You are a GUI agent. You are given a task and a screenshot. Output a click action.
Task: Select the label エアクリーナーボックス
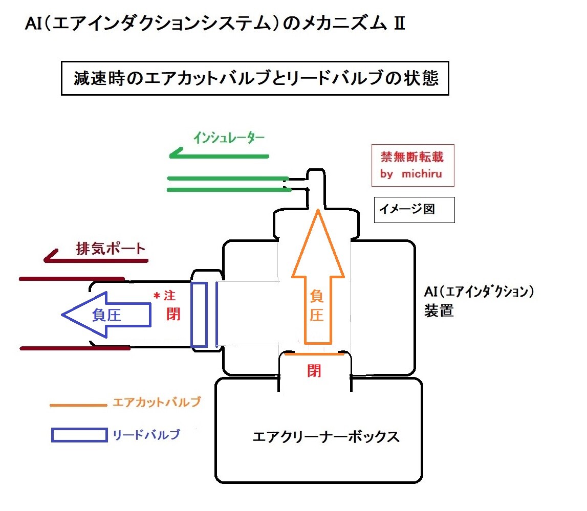[x=326, y=437]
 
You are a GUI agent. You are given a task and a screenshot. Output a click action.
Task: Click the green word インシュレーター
[x=229, y=138]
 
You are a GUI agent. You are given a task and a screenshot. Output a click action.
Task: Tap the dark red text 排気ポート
[x=111, y=249]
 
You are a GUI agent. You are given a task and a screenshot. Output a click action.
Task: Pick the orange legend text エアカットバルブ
[x=156, y=402]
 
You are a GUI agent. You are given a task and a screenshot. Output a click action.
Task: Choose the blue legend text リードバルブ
[x=146, y=435]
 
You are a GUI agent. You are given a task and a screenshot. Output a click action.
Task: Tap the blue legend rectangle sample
[x=79, y=435]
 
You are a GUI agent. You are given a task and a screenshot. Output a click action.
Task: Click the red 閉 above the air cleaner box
[x=314, y=370]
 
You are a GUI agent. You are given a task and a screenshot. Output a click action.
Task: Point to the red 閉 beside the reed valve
[x=173, y=313]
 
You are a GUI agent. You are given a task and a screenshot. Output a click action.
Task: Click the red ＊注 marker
[x=165, y=296]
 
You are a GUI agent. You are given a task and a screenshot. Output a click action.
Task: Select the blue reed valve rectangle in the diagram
[x=199, y=315]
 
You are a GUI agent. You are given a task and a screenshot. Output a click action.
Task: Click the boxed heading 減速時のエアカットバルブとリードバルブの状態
[x=255, y=79]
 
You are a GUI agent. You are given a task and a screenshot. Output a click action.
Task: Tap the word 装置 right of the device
[x=439, y=311]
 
